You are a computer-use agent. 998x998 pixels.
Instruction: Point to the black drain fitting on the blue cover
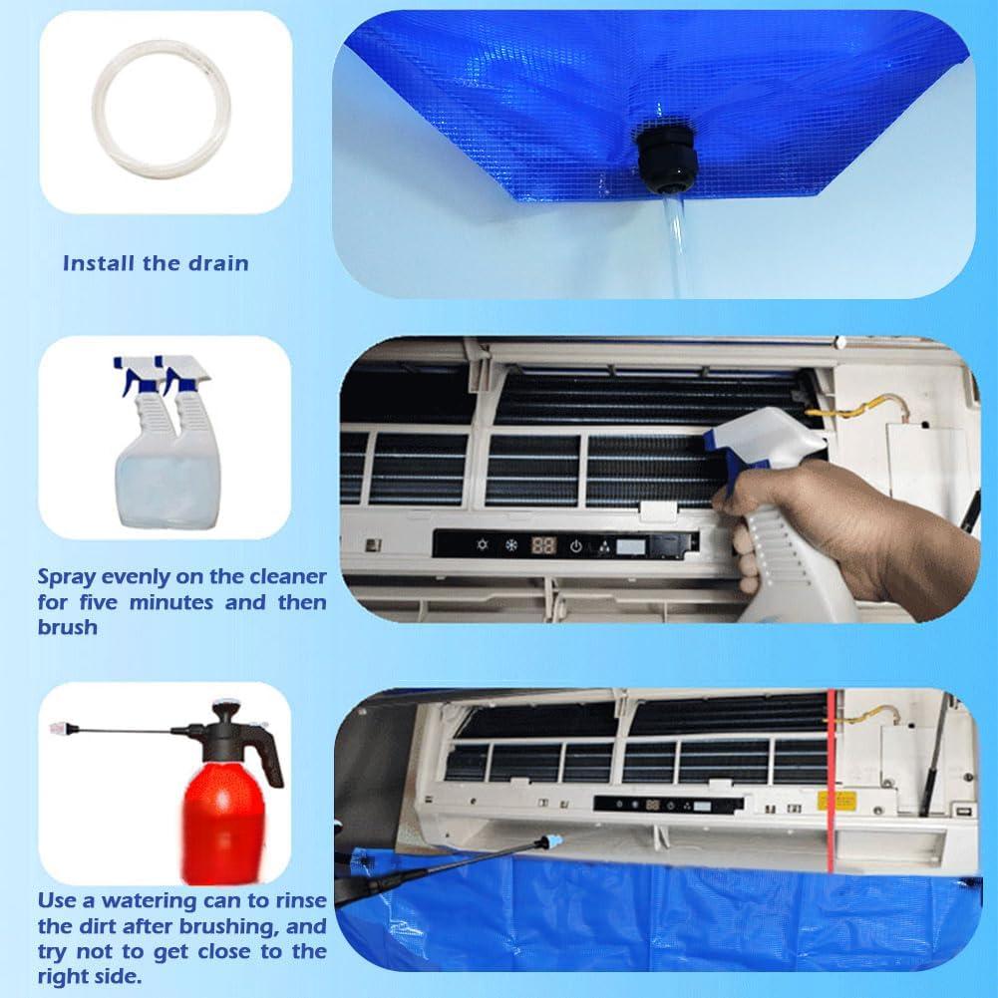pyautogui.click(x=666, y=161)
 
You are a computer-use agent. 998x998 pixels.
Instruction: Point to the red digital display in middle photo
pyautogui.click(x=543, y=545)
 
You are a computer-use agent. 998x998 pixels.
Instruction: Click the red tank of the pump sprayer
pyautogui.click(x=223, y=823)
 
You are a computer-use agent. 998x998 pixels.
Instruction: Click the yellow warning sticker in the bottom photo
pyautogui.click(x=836, y=800)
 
